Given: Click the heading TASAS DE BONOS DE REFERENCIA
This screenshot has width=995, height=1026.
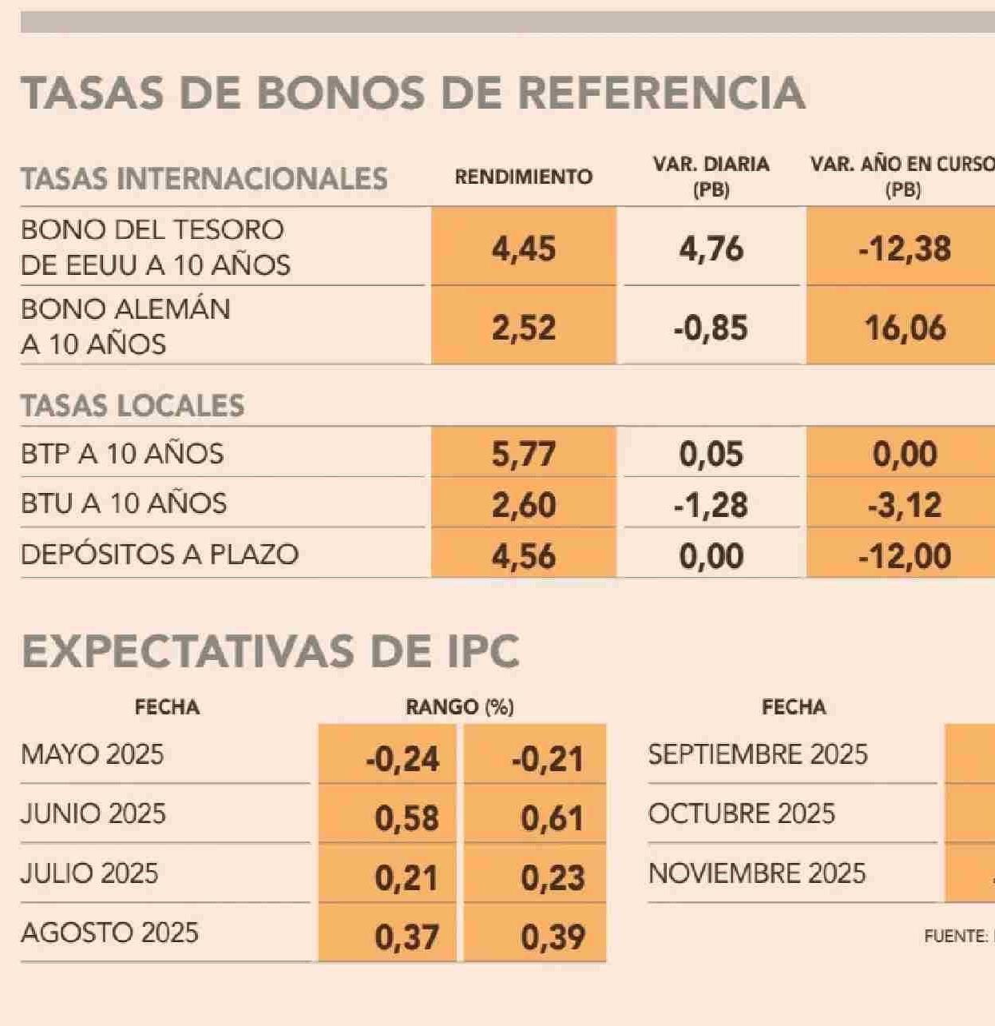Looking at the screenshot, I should tap(412, 93).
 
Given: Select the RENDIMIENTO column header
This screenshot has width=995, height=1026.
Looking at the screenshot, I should tap(523, 177).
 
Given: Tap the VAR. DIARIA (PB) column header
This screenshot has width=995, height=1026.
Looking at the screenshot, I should tap(711, 177).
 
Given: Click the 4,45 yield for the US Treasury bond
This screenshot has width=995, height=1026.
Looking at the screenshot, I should tap(523, 249).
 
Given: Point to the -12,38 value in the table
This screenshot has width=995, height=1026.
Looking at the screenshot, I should tap(904, 249).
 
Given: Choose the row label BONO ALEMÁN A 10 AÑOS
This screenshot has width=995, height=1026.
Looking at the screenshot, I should tap(125, 326).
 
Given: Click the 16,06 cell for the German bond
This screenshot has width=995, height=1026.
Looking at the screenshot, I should tap(905, 328).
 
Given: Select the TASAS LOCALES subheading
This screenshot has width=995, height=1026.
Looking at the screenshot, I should tap(133, 405).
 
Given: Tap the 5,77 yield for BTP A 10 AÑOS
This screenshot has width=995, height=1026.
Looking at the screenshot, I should tap(523, 454).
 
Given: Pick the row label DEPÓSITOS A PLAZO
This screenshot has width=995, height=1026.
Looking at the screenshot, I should tap(160, 554).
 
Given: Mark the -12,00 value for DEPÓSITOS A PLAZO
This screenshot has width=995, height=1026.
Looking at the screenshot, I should tap(904, 555).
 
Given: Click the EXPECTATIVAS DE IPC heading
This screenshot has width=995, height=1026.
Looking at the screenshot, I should tap(271, 651).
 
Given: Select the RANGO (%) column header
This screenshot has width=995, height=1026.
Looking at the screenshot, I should tap(459, 707).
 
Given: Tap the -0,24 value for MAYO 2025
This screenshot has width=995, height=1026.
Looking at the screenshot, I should tap(402, 758).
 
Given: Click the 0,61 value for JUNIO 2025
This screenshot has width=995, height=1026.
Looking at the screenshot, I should tap(552, 817).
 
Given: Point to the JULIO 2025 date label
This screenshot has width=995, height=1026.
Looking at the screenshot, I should tap(89, 873).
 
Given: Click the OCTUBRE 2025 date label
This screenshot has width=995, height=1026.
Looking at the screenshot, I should tap(741, 813).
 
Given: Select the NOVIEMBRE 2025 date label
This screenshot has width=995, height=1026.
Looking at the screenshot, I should tap(756, 873).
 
